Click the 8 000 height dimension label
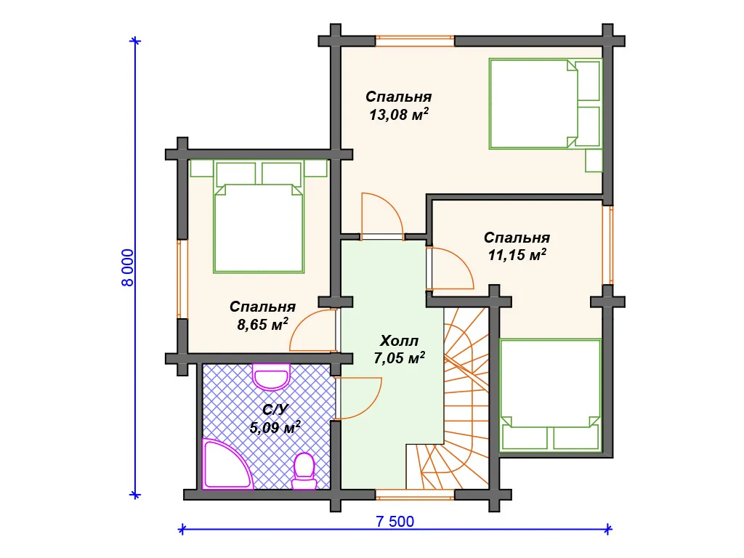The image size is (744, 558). pos(128,267)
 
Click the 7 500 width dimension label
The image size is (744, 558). pos(395,522)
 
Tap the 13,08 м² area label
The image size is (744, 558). pos(399,114)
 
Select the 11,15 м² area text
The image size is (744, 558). pos(517,255)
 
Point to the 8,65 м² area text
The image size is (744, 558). pos(262,325)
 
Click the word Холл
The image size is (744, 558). pos(399,341)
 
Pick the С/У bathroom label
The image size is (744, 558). pos(275,410)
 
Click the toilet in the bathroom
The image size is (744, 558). pos(304,471)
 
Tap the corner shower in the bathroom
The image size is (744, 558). pos(227,464)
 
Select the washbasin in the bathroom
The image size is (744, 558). pos(271,377)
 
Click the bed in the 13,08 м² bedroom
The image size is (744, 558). pos(546,103)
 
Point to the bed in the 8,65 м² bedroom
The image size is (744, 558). pos(259,217)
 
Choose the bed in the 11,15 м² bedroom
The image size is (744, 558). pos(551,395)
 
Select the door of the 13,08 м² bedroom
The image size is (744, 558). pos(382,217)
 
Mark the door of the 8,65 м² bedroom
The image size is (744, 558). pos(312,331)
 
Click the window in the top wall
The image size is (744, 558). pos(415,41)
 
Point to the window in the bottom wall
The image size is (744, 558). pos(415,495)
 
